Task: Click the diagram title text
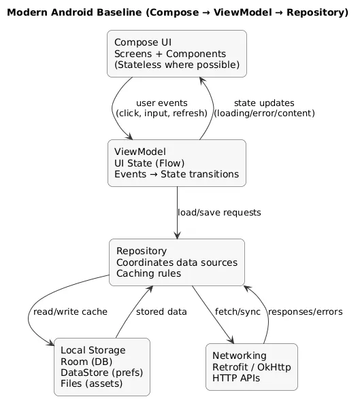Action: pyautogui.click(x=180, y=13)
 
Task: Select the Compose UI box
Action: pyautogui.click(x=176, y=54)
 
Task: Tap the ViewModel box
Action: pyautogui.click(x=176, y=162)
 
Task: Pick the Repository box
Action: pyautogui.click(x=176, y=262)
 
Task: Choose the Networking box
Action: pyautogui.click(x=251, y=367)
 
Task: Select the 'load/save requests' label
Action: pyautogui.click(x=218, y=213)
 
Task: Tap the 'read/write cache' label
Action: pyautogui.click(x=69, y=312)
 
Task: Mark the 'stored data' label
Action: pyautogui.click(x=161, y=312)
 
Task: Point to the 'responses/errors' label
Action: pyautogui.click(x=305, y=312)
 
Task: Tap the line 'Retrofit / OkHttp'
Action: pyautogui.click(x=251, y=367)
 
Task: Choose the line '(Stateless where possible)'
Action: pyautogui.click(x=177, y=65)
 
